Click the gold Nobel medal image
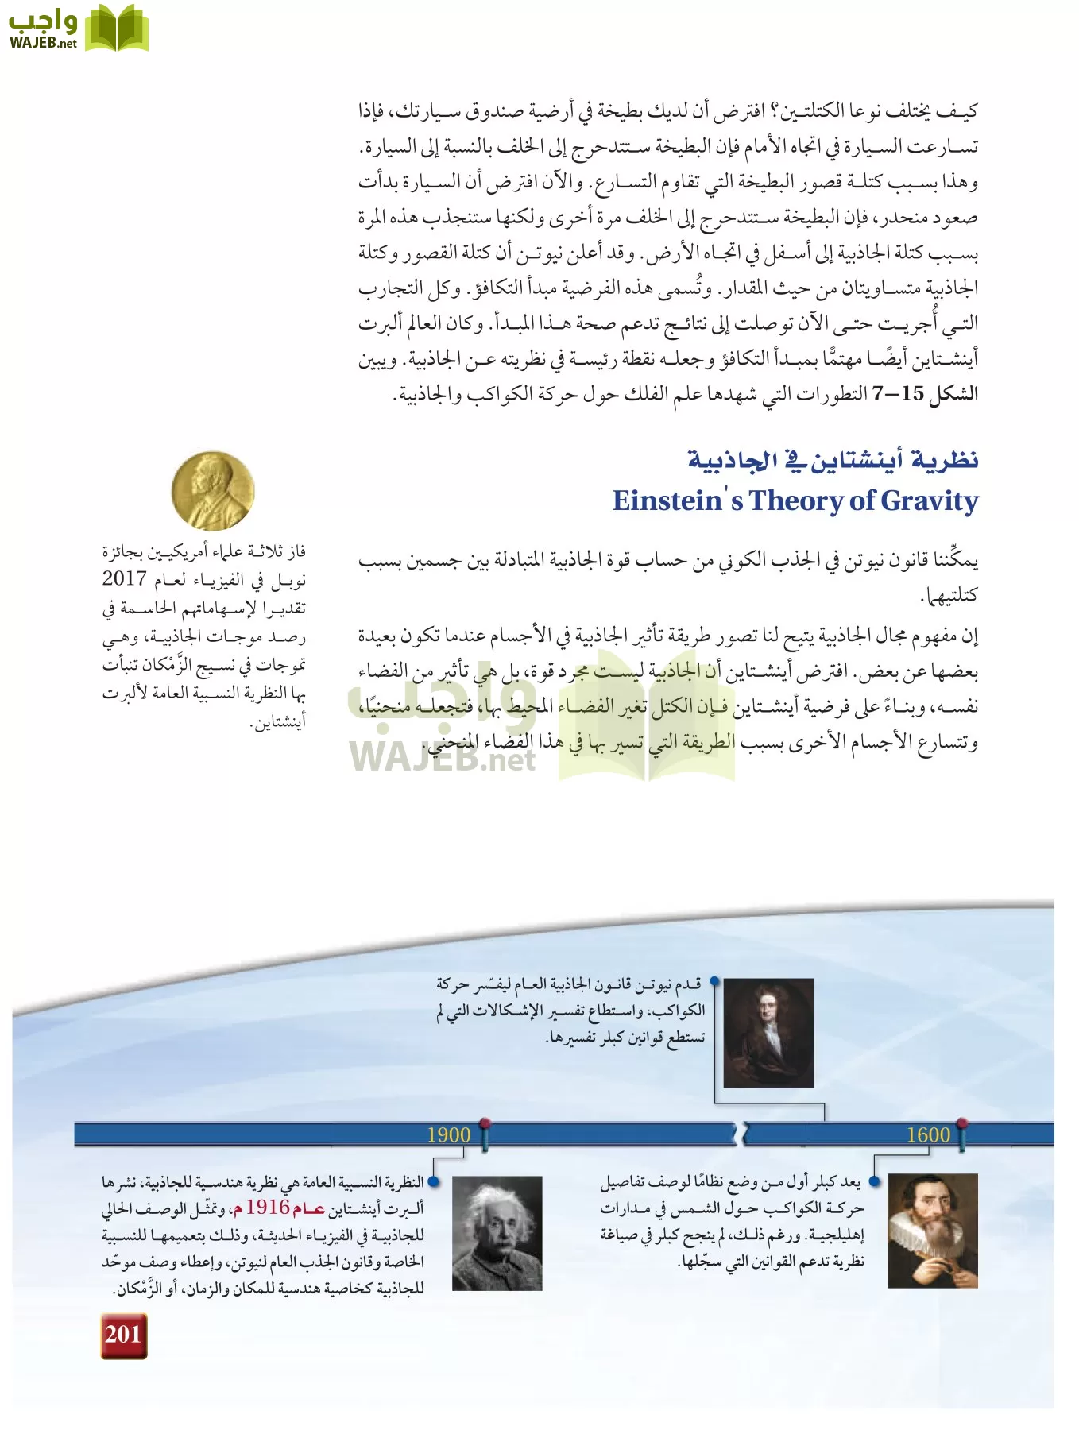[212, 492]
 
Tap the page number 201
[124, 1335]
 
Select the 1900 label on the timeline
[448, 1134]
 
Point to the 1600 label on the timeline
[928, 1134]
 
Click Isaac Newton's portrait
[768, 1032]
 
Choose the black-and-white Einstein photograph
[497, 1233]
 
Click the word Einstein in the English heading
[667, 500]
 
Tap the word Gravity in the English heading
[930, 500]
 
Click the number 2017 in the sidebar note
[124, 578]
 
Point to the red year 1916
[268, 1208]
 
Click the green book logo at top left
[116, 29]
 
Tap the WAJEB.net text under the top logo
[43, 44]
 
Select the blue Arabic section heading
[832, 460]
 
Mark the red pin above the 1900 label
[485, 1123]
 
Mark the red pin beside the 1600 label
[961, 1123]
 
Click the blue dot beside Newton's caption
[714, 982]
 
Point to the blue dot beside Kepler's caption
[875, 1182]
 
